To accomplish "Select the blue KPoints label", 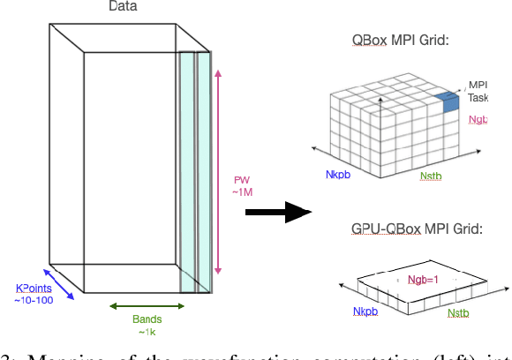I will pyautogui.click(x=34, y=289).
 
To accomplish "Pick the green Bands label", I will pyautogui.click(x=147, y=319).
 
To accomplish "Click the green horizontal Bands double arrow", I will pyautogui.click(x=147, y=306).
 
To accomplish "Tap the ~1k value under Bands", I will pyautogui.click(x=147, y=332).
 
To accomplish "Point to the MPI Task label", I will pyautogui.click(x=478, y=91).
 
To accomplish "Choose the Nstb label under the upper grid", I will pyautogui.click(x=432, y=176).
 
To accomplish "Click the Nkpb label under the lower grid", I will pyautogui.click(x=365, y=311).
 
